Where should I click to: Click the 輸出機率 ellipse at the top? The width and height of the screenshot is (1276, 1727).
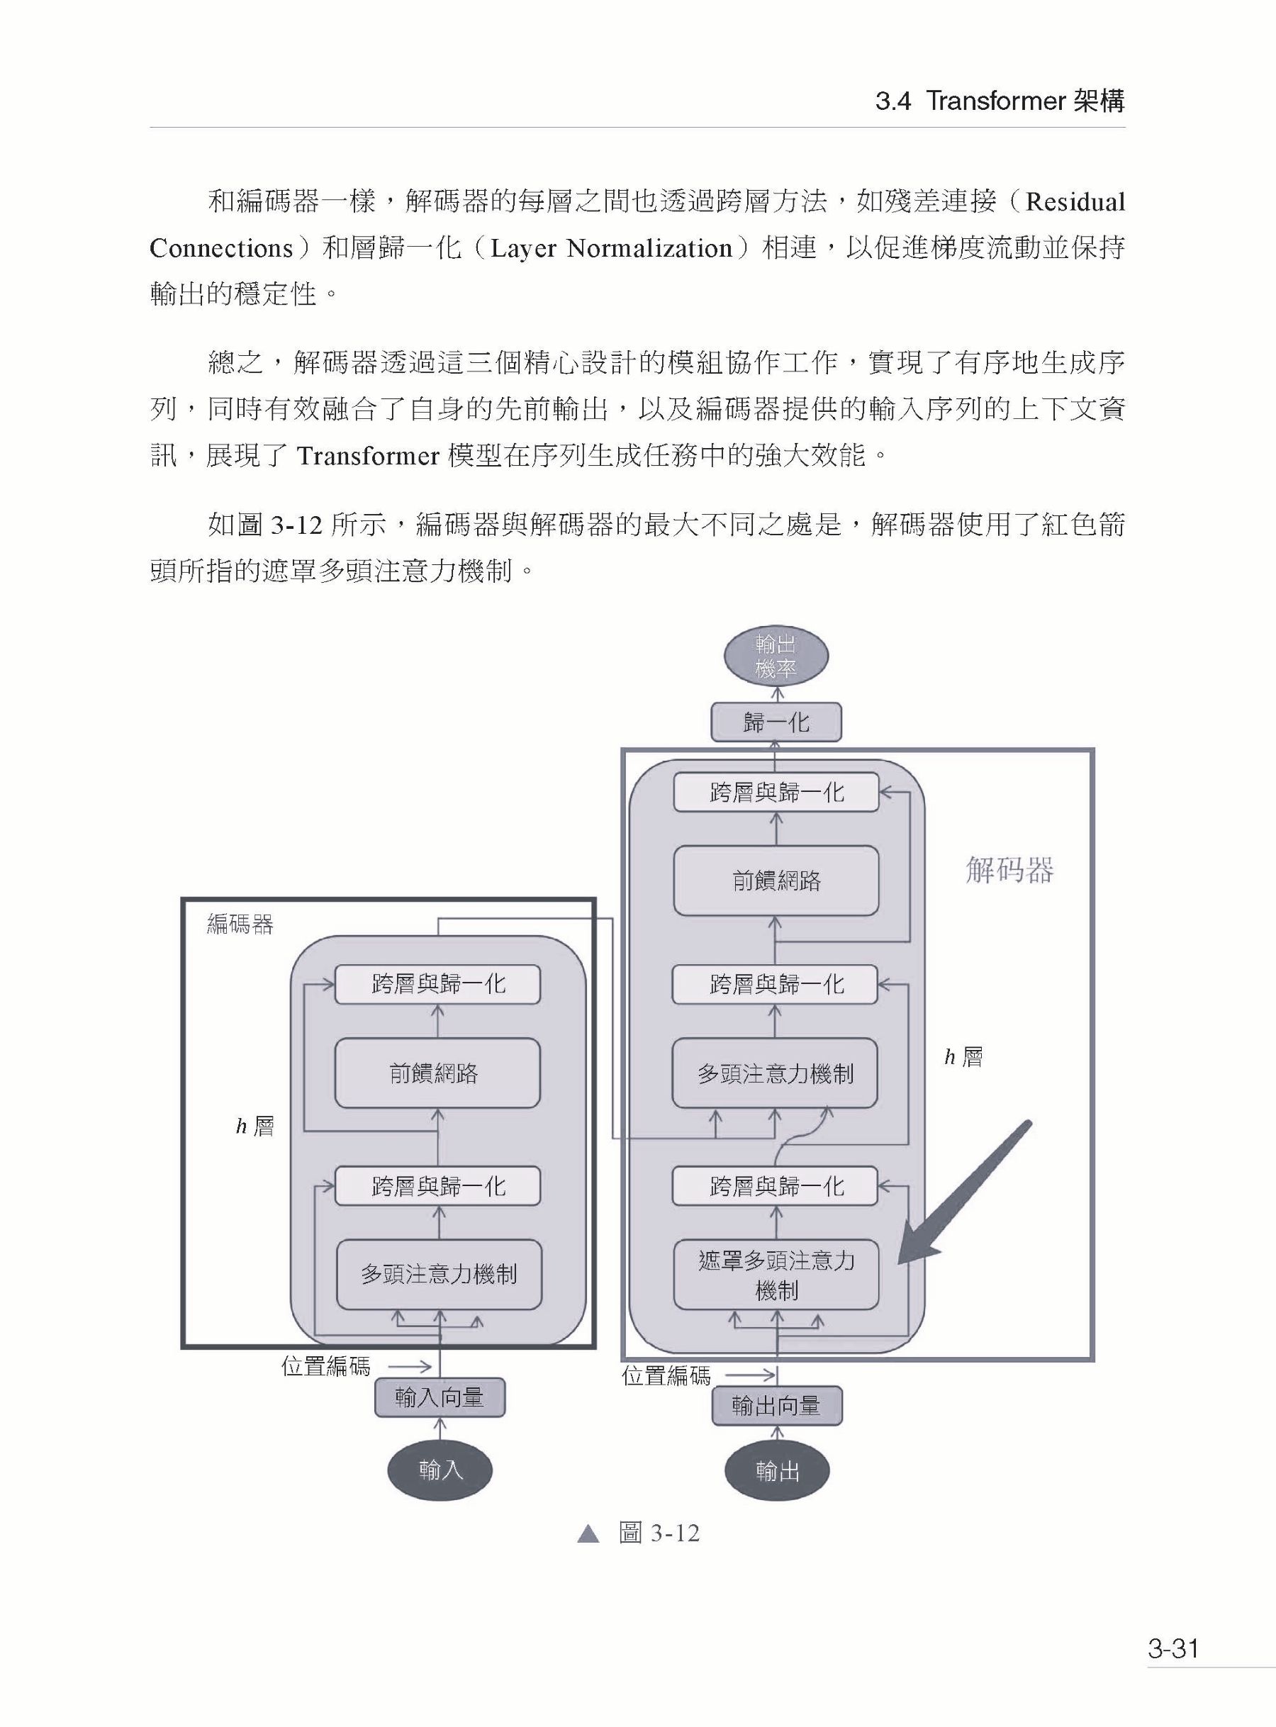[776, 656]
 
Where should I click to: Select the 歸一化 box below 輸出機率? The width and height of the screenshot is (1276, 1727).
[776, 722]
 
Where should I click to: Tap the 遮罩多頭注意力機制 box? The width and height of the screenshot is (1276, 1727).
[776, 1275]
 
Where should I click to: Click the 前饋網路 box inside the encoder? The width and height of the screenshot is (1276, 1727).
[437, 1073]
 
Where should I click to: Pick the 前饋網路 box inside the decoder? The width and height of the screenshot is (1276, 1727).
[776, 881]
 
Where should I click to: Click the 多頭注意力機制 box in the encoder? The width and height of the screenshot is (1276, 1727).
[439, 1275]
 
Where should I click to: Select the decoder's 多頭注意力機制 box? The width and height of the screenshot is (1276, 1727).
[776, 1073]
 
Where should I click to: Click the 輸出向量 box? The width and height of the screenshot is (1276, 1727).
[776, 1406]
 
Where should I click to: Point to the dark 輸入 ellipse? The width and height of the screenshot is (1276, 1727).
[440, 1469]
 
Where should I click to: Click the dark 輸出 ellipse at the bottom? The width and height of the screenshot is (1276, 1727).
[777, 1471]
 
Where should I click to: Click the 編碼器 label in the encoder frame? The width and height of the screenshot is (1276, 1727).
[240, 924]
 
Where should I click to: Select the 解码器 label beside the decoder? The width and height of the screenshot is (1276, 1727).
[1009, 871]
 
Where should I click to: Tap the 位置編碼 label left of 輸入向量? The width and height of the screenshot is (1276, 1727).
[326, 1366]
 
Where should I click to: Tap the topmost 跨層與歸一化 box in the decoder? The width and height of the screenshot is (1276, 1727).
[776, 793]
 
